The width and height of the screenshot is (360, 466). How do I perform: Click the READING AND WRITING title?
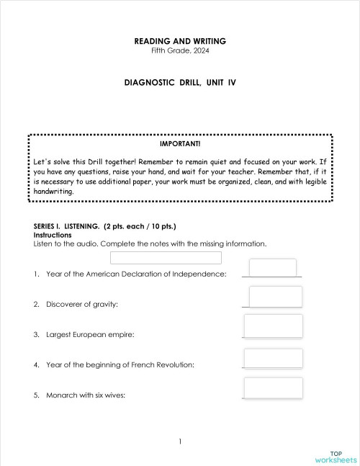(x=180, y=41)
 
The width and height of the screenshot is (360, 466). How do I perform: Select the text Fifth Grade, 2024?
(x=180, y=50)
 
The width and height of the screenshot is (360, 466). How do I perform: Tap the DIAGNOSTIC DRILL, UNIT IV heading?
(x=180, y=83)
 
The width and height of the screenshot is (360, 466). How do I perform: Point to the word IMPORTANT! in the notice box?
(x=180, y=143)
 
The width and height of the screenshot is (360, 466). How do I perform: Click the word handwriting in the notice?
(x=54, y=192)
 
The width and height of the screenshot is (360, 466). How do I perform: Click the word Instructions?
(x=52, y=235)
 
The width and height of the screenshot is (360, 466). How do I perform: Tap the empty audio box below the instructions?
(x=166, y=258)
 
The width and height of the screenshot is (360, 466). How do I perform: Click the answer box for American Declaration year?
(x=272, y=267)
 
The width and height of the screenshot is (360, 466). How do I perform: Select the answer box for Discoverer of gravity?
(x=275, y=296)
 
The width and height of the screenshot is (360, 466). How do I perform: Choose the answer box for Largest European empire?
(x=274, y=326)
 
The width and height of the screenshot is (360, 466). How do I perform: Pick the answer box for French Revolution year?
(x=274, y=359)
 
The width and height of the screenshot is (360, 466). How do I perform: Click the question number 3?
(x=36, y=335)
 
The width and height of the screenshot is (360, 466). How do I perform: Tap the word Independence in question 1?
(x=204, y=274)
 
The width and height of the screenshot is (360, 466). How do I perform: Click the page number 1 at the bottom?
(x=180, y=441)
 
